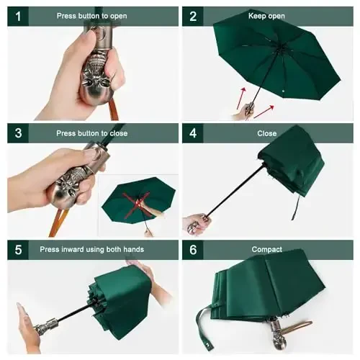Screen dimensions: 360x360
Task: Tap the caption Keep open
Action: pyautogui.click(x=266, y=16)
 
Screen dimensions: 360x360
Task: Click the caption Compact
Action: pyautogui.click(x=266, y=249)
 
